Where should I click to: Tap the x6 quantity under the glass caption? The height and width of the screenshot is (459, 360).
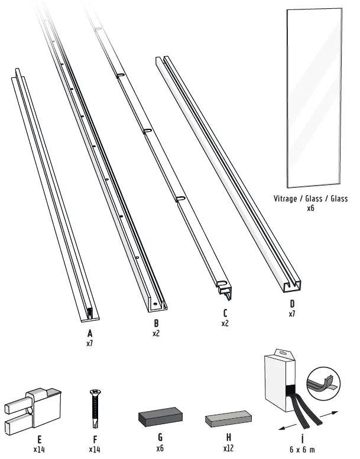pos(311,209)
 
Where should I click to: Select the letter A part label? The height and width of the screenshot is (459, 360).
pos(90,333)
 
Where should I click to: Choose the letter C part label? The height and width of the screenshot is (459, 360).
pos(225,314)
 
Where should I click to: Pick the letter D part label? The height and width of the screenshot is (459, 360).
pos(291,305)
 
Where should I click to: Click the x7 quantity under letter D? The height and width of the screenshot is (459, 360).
pos(291,314)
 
